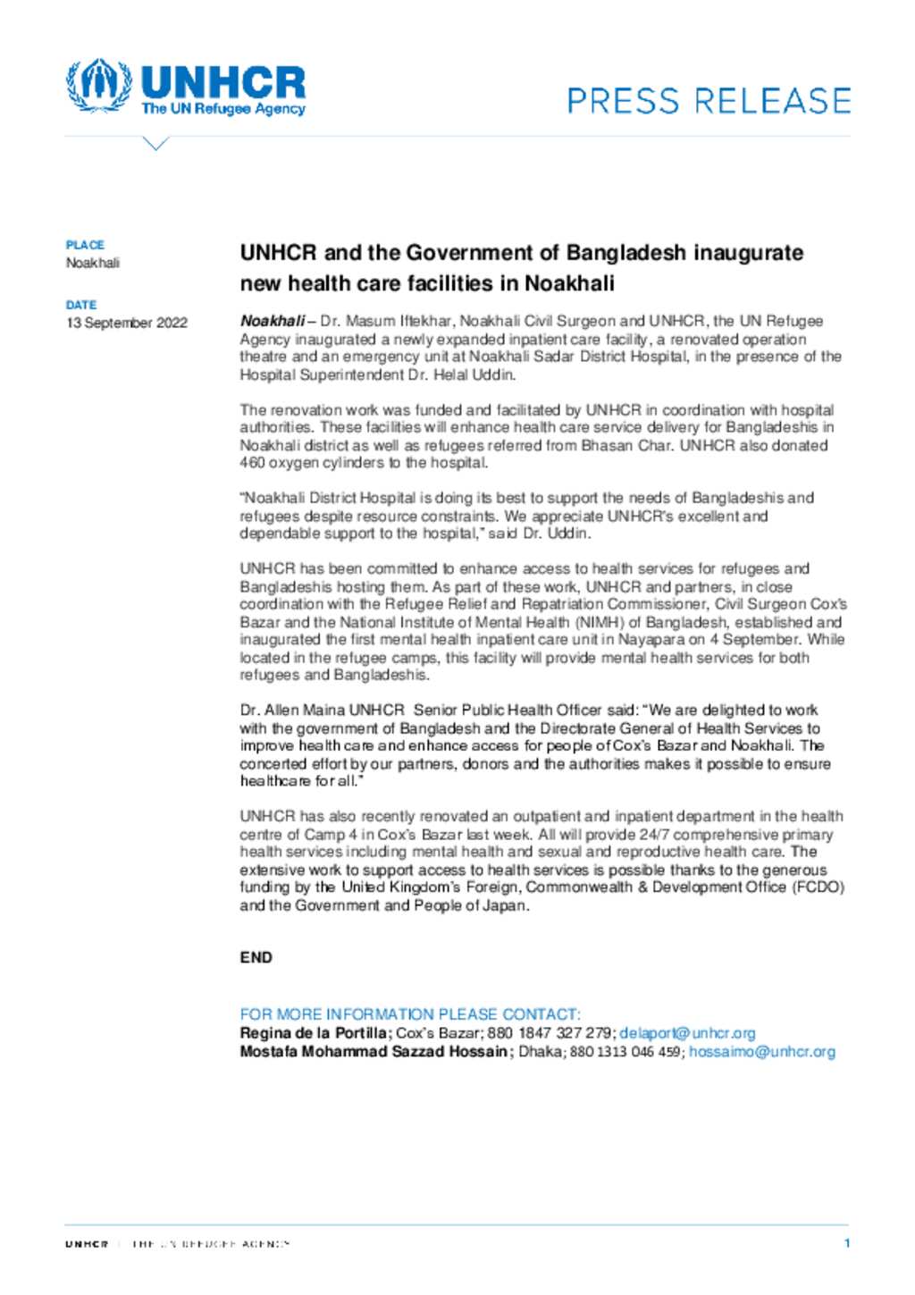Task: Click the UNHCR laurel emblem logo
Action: click(98, 85)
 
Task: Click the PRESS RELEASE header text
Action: click(709, 100)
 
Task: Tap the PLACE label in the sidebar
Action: click(85, 245)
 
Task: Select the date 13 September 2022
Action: click(127, 323)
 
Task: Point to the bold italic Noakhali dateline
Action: click(272, 321)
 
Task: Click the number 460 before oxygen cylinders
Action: click(252, 463)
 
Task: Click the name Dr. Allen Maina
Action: click(292, 711)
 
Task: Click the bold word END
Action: click(256, 957)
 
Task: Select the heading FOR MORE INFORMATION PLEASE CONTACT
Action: click(409, 1014)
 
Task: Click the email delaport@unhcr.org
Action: click(687, 1033)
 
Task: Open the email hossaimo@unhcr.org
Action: click(761, 1052)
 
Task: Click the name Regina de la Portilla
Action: click(313, 1033)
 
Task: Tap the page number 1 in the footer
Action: click(846, 1243)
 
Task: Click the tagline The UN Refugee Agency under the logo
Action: click(222, 109)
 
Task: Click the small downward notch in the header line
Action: click(155, 143)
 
